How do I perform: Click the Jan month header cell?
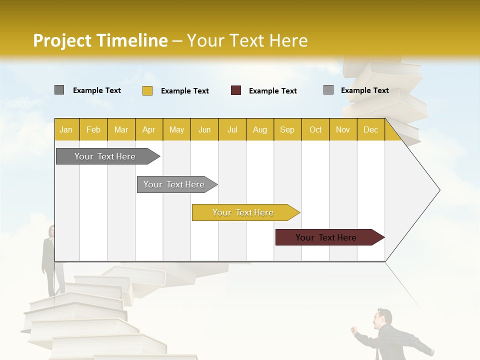[66, 129]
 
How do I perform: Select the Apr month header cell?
[149, 129]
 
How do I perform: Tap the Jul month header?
[232, 129]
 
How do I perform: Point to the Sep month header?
[287, 129]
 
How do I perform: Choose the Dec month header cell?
[370, 129]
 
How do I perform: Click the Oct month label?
[315, 129]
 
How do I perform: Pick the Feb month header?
[93, 129]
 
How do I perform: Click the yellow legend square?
[147, 90]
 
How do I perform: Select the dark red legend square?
[236, 90]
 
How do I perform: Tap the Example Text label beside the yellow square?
[184, 91]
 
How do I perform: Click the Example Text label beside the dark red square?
[272, 91]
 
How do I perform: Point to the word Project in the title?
[62, 40]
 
